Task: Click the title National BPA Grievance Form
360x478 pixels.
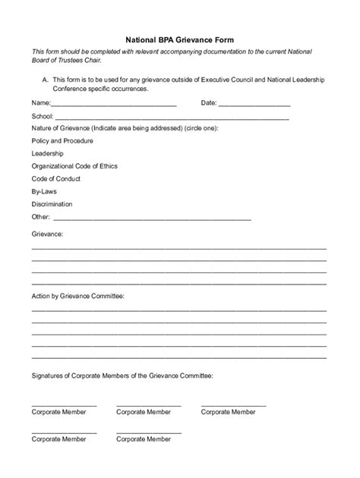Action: pos(179,36)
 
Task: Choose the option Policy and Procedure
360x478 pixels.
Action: pos(62,141)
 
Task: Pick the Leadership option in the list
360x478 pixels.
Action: pos(48,153)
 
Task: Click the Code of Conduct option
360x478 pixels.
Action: pos(55,179)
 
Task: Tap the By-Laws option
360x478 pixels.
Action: pos(44,192)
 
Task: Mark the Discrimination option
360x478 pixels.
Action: pos(52,204)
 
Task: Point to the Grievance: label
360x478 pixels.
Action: pos(47,235)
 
